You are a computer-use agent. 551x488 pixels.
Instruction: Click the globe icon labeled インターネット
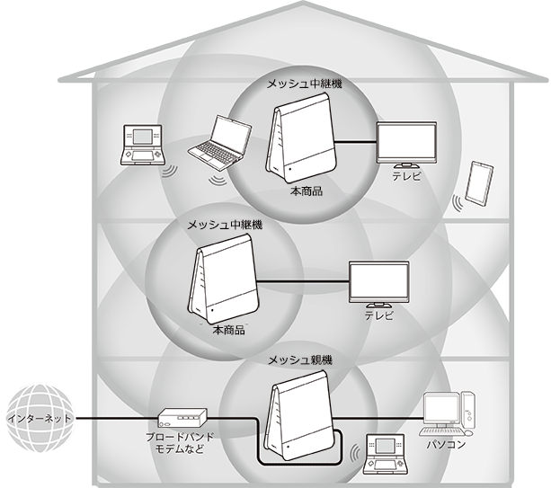[x=37, y=419]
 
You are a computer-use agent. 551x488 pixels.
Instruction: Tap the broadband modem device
[x=182, y=418]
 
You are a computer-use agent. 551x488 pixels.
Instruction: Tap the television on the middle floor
[x=378, y=283]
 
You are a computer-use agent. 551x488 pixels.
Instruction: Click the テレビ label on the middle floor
[x=378, y=317]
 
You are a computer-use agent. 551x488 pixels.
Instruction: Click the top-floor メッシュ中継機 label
[x=305, y=84]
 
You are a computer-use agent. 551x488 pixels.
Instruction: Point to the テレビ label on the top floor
[x=405, y=178]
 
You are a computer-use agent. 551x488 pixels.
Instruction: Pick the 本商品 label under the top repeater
[x=305, y=192]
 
